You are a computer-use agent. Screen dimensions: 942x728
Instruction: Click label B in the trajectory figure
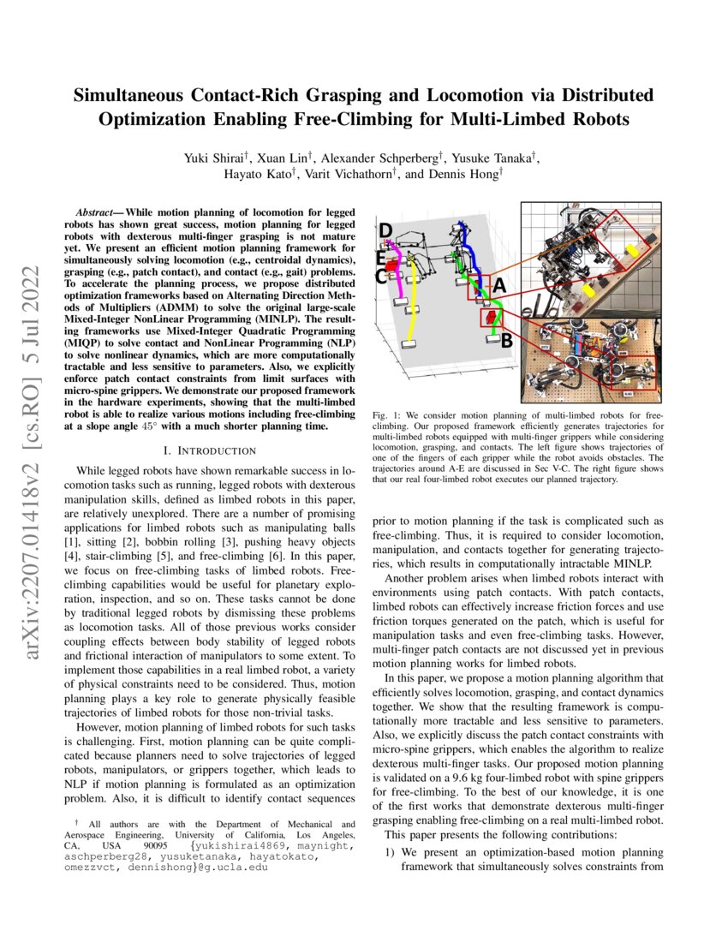506,341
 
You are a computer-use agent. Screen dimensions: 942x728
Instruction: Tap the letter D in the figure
385,230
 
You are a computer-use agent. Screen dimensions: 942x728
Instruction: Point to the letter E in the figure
381,256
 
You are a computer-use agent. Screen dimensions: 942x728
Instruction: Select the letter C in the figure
381,277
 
